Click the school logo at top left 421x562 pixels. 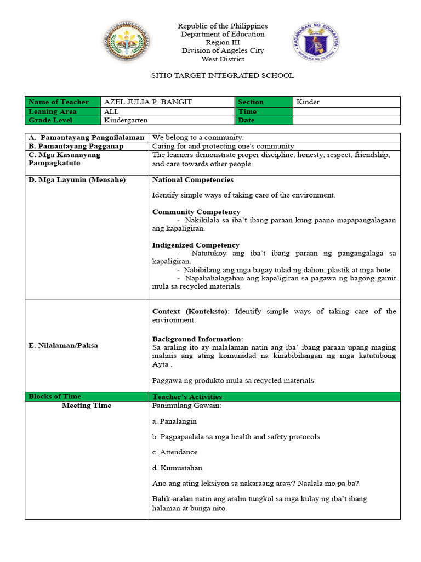coord(128,43)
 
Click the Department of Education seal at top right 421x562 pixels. coord(316,43)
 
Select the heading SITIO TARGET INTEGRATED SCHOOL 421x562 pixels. coord(223,76)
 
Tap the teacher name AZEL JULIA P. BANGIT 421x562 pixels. coord(147,102)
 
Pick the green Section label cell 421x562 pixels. coord(251,102)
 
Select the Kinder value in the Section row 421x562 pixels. coord(308,102)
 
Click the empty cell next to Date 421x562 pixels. coord(346,121)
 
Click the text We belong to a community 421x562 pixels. coord(198,138)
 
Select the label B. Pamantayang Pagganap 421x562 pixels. coord(76,147)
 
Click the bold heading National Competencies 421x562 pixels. coord(192,180)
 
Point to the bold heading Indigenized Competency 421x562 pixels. coord(196,245)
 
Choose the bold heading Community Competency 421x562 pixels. coord(196,212)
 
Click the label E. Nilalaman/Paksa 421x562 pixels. coord(63,346)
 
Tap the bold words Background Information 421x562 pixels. coord(196,339)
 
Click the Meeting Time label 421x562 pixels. coord(87,406)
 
